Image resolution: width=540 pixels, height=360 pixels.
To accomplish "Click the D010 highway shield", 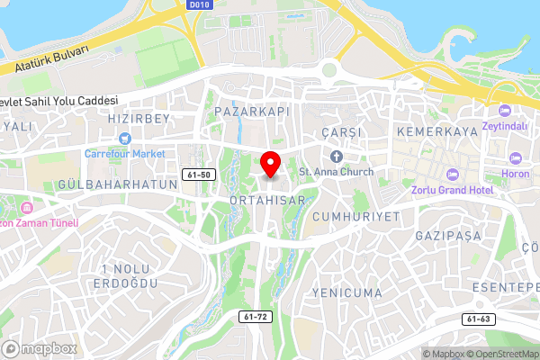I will [200, 4].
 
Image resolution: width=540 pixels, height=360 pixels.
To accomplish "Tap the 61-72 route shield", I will [256, 317].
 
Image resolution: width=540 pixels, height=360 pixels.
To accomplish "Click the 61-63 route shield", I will [479, 319].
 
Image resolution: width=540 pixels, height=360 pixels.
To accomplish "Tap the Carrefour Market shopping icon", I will [124, 139].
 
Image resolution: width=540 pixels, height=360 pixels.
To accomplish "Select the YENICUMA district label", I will [346, 293].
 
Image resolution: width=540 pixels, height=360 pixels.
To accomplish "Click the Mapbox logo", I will [40, 348].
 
